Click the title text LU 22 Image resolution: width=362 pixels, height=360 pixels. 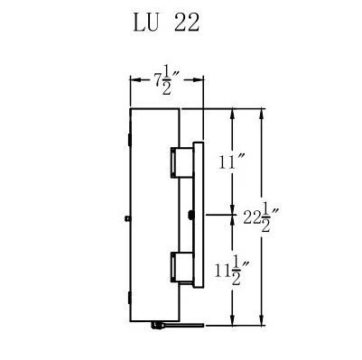click(166, 23)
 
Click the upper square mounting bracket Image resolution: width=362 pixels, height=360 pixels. click(181, 162)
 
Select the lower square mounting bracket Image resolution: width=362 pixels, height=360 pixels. click(181, 267)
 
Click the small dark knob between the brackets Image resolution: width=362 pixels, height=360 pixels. click(190, 214)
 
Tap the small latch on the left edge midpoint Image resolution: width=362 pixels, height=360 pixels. click(127, 218)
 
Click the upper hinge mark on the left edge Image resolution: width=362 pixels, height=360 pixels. click(130, 140)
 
